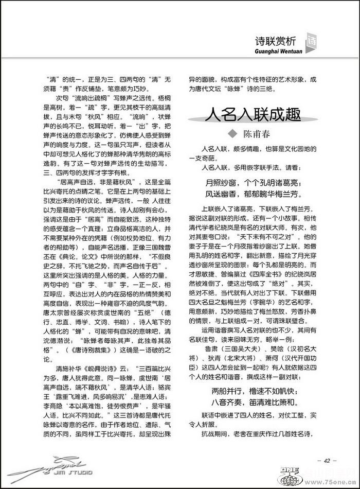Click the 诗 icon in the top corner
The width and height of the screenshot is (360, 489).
pos(311,41)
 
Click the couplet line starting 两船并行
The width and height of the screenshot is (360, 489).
pos(254,390)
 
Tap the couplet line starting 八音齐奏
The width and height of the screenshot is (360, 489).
pos(254,401)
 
